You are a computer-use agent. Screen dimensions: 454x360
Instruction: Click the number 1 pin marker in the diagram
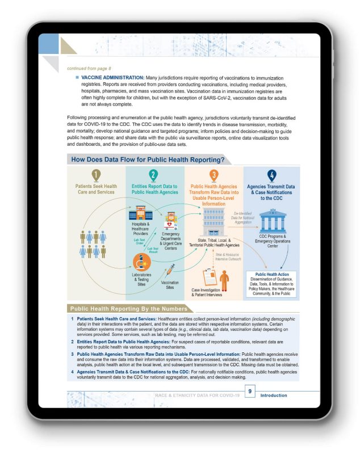(96, 175)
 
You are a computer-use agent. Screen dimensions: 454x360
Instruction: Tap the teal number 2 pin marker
(153, 175)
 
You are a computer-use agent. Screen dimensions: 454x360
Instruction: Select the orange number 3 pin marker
(213, 175)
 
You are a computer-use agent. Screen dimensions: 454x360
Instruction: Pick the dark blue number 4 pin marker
(271, 175)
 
